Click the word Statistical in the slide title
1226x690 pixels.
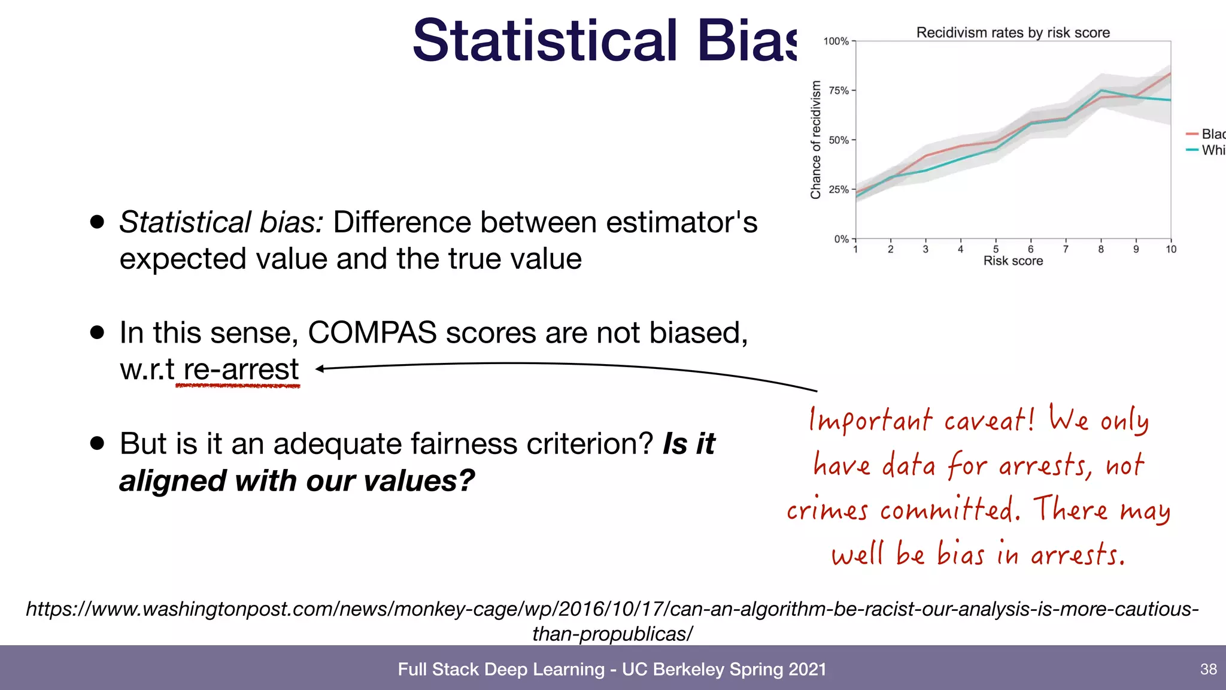coord(545,41)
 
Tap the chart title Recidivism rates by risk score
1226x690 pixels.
coord(1013,33)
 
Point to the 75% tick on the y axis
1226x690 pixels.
coord(839,90)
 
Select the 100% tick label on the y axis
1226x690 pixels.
coord(836,41)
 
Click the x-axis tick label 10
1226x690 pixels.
coord(1170,249)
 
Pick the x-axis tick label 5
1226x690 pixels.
coord(996,249)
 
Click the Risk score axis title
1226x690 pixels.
coord(1013,261)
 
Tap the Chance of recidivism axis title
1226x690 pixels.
coord(815,140)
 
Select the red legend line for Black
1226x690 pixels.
coord(1192,134)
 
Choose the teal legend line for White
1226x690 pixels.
coord(1192,150)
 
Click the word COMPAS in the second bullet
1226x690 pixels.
coord(372,333)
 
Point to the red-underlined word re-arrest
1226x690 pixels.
coord(241,370)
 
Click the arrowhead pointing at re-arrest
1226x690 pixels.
coord(320,369)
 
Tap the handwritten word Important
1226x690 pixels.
coord(870,420)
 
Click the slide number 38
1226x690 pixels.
coord(1208,669)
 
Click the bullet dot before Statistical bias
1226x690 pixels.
coord(97,222)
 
